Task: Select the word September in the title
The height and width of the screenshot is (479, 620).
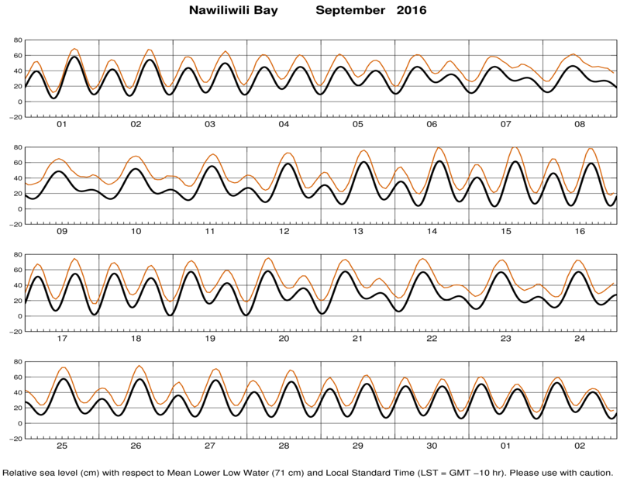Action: tap(350, 11)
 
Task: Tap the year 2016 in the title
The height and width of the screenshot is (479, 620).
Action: tap(412, 10)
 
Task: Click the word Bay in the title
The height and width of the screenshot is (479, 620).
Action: tap(268, 11)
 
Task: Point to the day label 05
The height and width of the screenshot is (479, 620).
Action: tap(358, 124)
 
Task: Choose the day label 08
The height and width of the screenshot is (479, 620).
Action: tap(580, 124)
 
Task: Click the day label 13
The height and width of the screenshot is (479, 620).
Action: tap(358, 232)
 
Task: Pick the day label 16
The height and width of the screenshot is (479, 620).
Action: tap(580, 232)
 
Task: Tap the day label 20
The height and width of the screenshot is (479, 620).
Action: tap(284, 339)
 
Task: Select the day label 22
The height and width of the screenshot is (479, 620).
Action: tap(432, 339)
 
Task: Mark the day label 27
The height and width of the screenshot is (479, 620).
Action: tap(210, 446)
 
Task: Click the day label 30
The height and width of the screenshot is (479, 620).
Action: tap(432, 446)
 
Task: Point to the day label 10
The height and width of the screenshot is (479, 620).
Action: tap(136, 232)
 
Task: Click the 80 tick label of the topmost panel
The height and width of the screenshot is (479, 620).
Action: tap(18, 40)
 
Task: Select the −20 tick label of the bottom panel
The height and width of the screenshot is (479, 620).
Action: tap(15, 439)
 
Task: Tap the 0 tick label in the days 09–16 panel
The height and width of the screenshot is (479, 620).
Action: tap(20, 209)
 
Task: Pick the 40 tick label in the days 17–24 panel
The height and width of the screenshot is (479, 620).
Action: tap(18, 285)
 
